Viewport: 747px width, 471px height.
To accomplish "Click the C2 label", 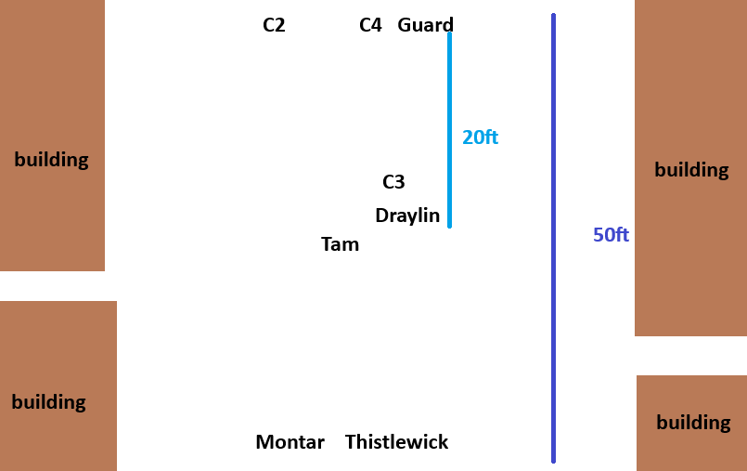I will (274, 25).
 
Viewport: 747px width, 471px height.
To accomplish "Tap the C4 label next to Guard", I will (370, 25).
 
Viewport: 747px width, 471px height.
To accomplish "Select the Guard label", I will (425, 25).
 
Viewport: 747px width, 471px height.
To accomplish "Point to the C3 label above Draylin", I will (393, 182).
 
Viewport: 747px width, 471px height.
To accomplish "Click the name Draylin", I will (407, 216).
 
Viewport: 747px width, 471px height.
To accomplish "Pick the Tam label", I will (340, 244).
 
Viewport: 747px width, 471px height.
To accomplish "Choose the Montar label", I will (290, 442).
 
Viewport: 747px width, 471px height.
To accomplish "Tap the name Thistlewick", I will (396, 442).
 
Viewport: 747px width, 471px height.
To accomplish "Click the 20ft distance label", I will (480, 137).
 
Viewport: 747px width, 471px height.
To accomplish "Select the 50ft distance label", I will (611, 235).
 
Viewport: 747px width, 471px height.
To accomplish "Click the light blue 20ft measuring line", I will (449, 93).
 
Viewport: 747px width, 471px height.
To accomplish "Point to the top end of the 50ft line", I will (553, 16).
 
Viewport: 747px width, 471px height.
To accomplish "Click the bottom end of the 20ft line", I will (449, 226).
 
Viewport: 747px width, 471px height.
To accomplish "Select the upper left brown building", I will (52, 93).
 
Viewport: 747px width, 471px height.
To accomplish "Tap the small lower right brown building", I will (691, 451).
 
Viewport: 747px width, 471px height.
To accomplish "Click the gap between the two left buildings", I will (56, 286).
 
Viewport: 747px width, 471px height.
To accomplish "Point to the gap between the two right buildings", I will (690, 356).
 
